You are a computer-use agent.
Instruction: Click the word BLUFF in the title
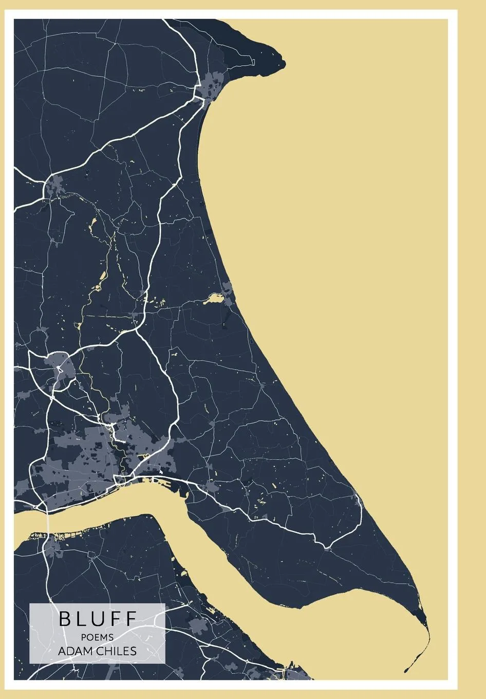point(98,619)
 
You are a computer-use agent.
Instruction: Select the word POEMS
point(97,637)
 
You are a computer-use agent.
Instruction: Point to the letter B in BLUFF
point(64,619)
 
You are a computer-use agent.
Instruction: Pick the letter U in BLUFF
point(98,619)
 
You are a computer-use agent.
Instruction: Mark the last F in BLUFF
point(130,619)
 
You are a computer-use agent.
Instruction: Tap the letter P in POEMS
point(84,637)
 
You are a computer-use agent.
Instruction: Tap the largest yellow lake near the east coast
point(213,299)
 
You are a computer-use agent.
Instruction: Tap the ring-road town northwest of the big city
point(61,366)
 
